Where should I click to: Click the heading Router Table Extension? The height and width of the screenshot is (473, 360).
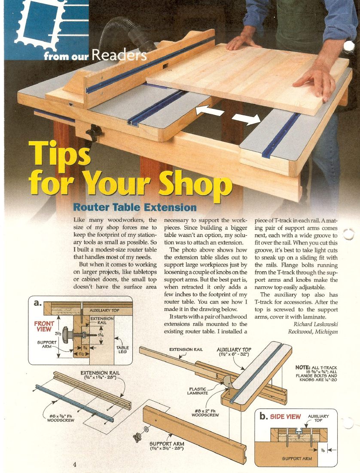[x=135, y=207]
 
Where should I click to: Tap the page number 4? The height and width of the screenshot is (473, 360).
[x=75, y=464]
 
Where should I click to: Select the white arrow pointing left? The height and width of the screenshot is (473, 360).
[x=210, y=111]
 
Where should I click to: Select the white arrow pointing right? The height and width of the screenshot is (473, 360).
[x=246, y=119]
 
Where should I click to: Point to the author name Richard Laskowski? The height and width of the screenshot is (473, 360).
[x=315, y=324]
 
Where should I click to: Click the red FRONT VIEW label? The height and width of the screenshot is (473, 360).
[x=44, y=326]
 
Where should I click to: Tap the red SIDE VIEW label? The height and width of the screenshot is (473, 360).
[x=285, y=417]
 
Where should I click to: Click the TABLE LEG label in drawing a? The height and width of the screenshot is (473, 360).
[x=122, y=349]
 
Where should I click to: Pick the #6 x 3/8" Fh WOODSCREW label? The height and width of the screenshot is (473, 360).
[x=61, y=418]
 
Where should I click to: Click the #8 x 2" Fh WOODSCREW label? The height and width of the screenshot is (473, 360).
[x=205, y=413]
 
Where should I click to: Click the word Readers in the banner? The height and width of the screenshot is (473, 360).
[x=119, y=55]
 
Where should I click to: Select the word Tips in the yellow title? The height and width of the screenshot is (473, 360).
[x=59, y=154]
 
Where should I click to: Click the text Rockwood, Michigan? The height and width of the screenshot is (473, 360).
[x=313, y=332]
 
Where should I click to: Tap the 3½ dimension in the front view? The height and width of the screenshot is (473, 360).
[x=58, y=334]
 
